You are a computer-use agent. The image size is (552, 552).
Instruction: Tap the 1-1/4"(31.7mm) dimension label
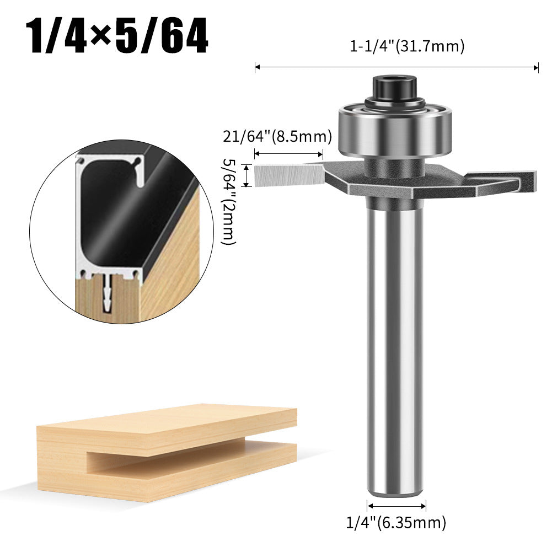click(x=407, y=47)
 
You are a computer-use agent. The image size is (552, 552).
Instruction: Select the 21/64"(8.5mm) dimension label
click(x=277, y=136)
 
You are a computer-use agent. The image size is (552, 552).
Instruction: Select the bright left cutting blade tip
click(x=287, y=175)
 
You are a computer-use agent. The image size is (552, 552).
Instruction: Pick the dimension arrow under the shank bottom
click(x=396, y=506)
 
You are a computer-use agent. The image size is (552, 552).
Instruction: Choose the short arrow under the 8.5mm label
click(x=288, y=154)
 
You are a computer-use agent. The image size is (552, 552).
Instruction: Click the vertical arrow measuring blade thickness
click(x=253, y=175)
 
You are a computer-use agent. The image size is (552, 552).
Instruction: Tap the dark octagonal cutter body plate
click(x=386, y=185)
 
